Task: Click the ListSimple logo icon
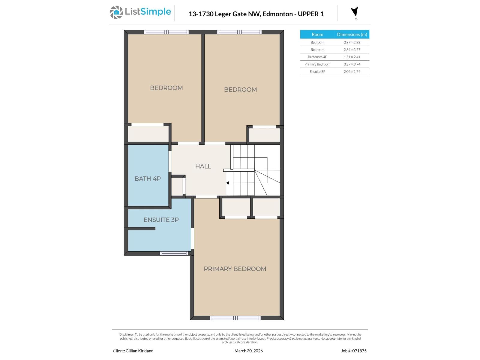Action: [116, 13]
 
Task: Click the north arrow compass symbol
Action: [355, 12]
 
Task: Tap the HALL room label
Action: [203, 166]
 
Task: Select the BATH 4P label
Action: [148, 178]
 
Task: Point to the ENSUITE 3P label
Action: [161, 220]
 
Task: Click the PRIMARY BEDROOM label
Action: [235, 269]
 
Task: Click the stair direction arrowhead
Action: [227, 183]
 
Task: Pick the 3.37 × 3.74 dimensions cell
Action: [352, 64]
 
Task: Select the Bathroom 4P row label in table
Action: [317, 57]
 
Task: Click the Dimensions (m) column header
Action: [352, 34]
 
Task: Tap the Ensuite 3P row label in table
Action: [317, 72]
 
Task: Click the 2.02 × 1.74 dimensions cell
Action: [352, 72]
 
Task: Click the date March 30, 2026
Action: [248, 351]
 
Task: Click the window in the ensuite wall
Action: [174, 253]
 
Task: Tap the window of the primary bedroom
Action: [235, 318]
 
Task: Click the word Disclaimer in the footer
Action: [126, 334]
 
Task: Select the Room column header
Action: [317, 34]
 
